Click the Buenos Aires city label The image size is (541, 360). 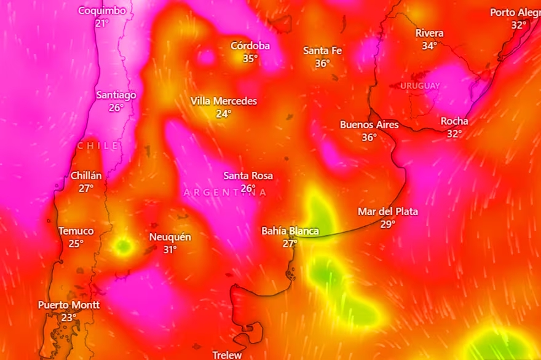click(x=369, y=125)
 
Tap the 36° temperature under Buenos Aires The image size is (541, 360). click(x=369, y=138)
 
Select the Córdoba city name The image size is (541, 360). click(x=250, y=45)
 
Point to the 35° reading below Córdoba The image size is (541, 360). click(x=250, y=58)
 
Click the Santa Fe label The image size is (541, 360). click(x=322, y=50)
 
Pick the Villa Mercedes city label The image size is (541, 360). click(x=223, y=101)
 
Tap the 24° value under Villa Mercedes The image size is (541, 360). click(x=223, y=114)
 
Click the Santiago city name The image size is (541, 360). click(x=116, y=95)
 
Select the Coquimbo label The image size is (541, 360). click(x=102, y=10)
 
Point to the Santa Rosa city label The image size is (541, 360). click(x=248, y=176)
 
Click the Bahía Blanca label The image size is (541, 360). click(x=290, y=231)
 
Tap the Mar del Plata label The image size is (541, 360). click(x=387, y=211)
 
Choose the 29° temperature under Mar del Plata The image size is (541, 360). click(x=387, y=224)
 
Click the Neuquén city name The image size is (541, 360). click(x=170, y=237)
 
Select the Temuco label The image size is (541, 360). click(x=76, y=231)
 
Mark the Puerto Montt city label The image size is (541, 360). click(x=69, y=305)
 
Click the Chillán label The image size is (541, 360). click(x=86, y=176)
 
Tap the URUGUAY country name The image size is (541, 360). click(x=420, y=85)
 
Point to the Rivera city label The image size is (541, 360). click(x=429, y=33)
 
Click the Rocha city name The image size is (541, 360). click(x=454, y=121)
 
